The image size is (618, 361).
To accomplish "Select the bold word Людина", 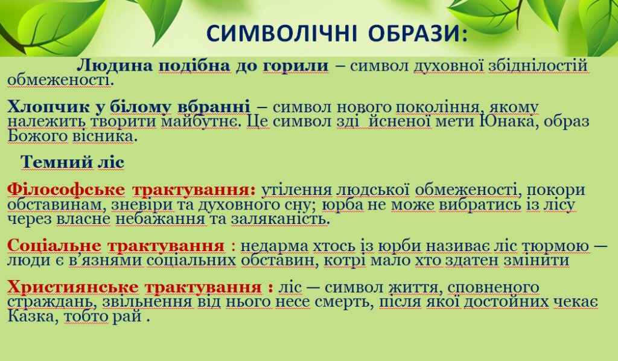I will (x=116, y=66).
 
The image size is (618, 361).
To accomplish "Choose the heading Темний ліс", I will (x=72, y=162).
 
